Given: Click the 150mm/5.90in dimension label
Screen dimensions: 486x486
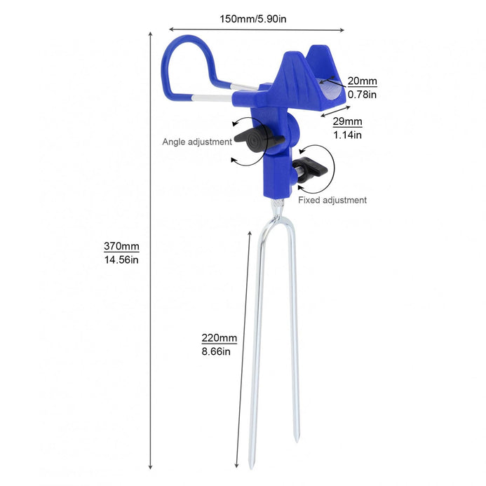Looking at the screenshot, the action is [x=253, y=19].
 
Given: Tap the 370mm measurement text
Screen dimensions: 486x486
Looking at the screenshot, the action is [x=121, y=246].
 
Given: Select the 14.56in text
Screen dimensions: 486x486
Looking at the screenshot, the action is [x=121, y=259].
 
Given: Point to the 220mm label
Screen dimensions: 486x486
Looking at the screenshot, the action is [x=219, y=337].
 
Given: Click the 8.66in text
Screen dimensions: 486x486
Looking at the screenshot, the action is [x=216, y=351].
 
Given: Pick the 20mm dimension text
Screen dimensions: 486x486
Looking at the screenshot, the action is [x=362, y=81].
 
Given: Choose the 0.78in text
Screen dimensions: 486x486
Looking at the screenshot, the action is [x=362, y=94].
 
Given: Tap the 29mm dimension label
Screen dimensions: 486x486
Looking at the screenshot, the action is [x=347, y=121].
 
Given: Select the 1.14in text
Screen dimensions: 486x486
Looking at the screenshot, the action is [x=347, y=135].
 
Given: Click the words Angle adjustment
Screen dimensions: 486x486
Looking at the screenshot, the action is [x=197, y=142].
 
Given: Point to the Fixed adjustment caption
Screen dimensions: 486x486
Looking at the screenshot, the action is [x=332, y=200].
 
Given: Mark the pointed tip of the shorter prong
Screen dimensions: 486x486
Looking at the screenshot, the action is [x=297, y=440].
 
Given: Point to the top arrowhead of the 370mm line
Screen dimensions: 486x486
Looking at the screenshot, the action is [x=150, y=34].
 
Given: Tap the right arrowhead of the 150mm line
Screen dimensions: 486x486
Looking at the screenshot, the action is [x=342, y=30].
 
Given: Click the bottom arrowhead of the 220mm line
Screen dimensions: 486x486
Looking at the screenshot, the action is [x=236, y=465].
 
